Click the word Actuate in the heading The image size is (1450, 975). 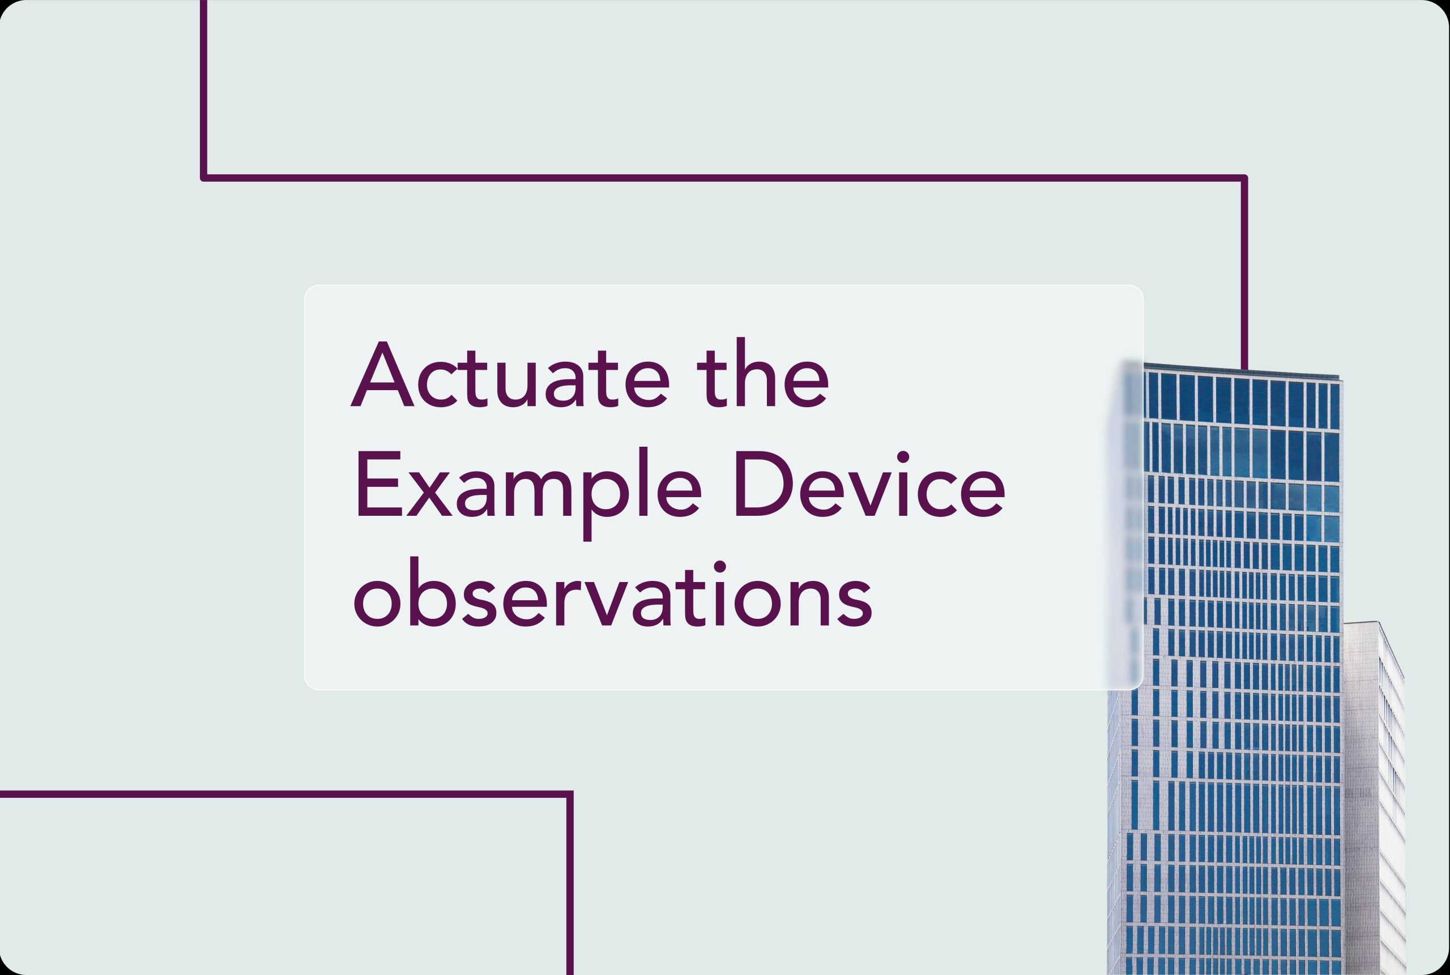click(510, 374)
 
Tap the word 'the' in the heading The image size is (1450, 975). click(762, 373)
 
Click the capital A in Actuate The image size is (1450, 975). click(382, 374)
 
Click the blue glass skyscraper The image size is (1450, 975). click(1224, 672)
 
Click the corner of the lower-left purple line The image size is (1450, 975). click(570, 794)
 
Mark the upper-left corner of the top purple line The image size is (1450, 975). click(203, 178)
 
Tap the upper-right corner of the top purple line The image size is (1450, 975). click(1244, 178)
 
